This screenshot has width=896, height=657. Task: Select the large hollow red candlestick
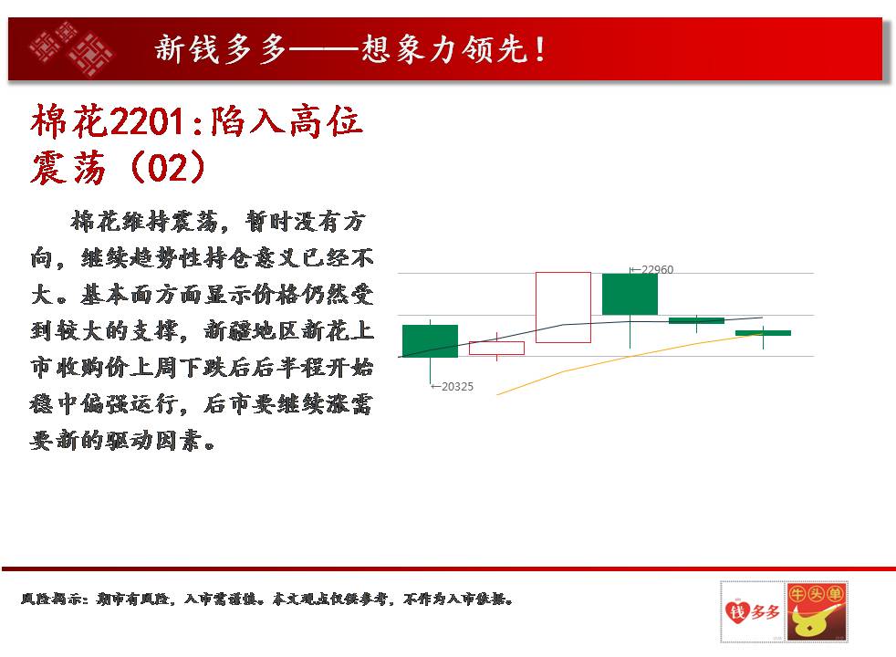point(563,308)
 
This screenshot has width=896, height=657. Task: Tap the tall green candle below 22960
point(630,294)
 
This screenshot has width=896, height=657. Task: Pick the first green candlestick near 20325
point(430,341)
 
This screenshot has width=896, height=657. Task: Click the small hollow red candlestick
point(496,348)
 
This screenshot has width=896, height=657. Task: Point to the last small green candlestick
point(763,333)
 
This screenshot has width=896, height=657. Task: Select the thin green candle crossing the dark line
point(696,320)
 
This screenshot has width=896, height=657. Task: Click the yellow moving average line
point(630,357)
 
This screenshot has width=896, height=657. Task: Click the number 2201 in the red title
point(147,121)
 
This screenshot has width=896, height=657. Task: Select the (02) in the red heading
point(167,167)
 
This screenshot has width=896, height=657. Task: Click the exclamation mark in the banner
point(540,49)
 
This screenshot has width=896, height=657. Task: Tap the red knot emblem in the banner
point(71,48)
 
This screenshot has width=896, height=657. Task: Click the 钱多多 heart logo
point(752,612)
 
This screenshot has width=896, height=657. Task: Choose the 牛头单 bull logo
point(816,612)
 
